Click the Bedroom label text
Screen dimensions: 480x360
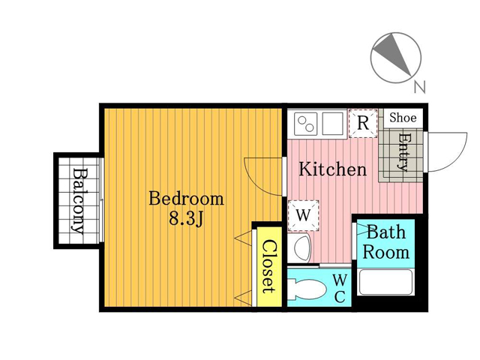coord(186,199)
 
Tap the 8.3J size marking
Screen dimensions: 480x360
coord(186,218)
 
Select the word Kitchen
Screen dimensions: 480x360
coord(332,169)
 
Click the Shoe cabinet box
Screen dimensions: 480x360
coord(403,118)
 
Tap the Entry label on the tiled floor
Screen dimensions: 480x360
coord(403,152)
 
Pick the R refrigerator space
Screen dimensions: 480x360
coord(363,123)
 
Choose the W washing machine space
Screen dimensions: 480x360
coord(303,215)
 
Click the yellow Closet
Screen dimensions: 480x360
coord(269,266)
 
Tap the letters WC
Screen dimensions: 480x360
coord(340,288)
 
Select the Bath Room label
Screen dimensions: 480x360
coord(385,241)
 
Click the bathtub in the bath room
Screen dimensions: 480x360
coord(385,282)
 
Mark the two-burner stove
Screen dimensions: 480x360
coord(305,124)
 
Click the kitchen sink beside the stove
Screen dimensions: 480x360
coord(332,124)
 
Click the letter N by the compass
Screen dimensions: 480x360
coord(420,87)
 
